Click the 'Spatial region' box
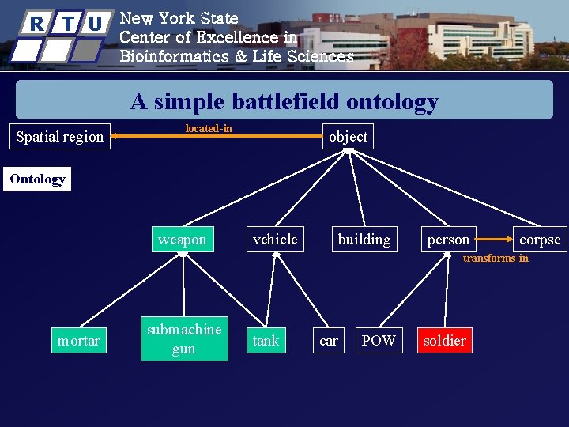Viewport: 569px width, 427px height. point(60,137)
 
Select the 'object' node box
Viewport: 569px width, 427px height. point(348,137)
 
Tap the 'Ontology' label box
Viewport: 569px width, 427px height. point(37,179)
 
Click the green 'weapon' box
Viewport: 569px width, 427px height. point(182,240)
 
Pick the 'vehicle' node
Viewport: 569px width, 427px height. point(275,240)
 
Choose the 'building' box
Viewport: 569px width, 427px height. point(364,240)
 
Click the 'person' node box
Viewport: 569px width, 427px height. point(448,240)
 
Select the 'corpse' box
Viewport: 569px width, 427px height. point(540,240)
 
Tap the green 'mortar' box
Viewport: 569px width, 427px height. point(78,341)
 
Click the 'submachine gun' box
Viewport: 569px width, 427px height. point(184,339)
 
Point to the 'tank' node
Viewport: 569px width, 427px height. point(266,341)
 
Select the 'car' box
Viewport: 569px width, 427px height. point(328,341)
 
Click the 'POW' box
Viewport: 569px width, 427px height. point(378,341)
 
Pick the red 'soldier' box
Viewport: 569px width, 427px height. point(445,341)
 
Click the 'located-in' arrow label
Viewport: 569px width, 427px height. point(209,128)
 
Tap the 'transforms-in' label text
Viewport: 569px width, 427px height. point(496,259)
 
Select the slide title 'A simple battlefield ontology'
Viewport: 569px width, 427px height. point(284,101)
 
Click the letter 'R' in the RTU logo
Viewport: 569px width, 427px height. point(36,24)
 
